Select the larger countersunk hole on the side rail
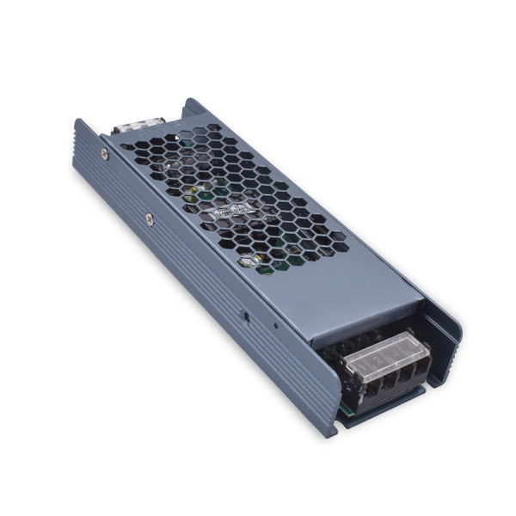246,316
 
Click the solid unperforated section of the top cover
344,284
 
